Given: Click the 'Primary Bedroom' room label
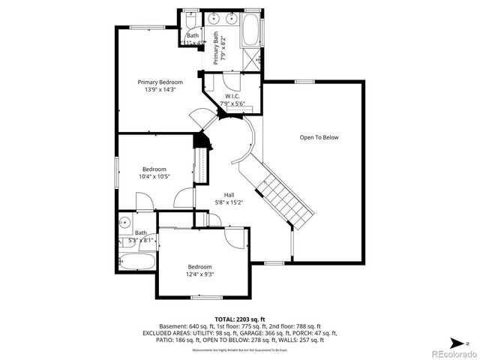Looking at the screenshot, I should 160,82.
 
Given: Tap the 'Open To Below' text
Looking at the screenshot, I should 319,137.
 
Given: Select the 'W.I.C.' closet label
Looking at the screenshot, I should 232,97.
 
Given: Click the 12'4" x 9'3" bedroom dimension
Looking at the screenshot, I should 199,275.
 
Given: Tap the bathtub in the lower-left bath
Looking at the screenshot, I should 136,262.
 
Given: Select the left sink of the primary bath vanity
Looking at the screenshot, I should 214,18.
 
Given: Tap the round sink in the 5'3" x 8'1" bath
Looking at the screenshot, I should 124,222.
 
